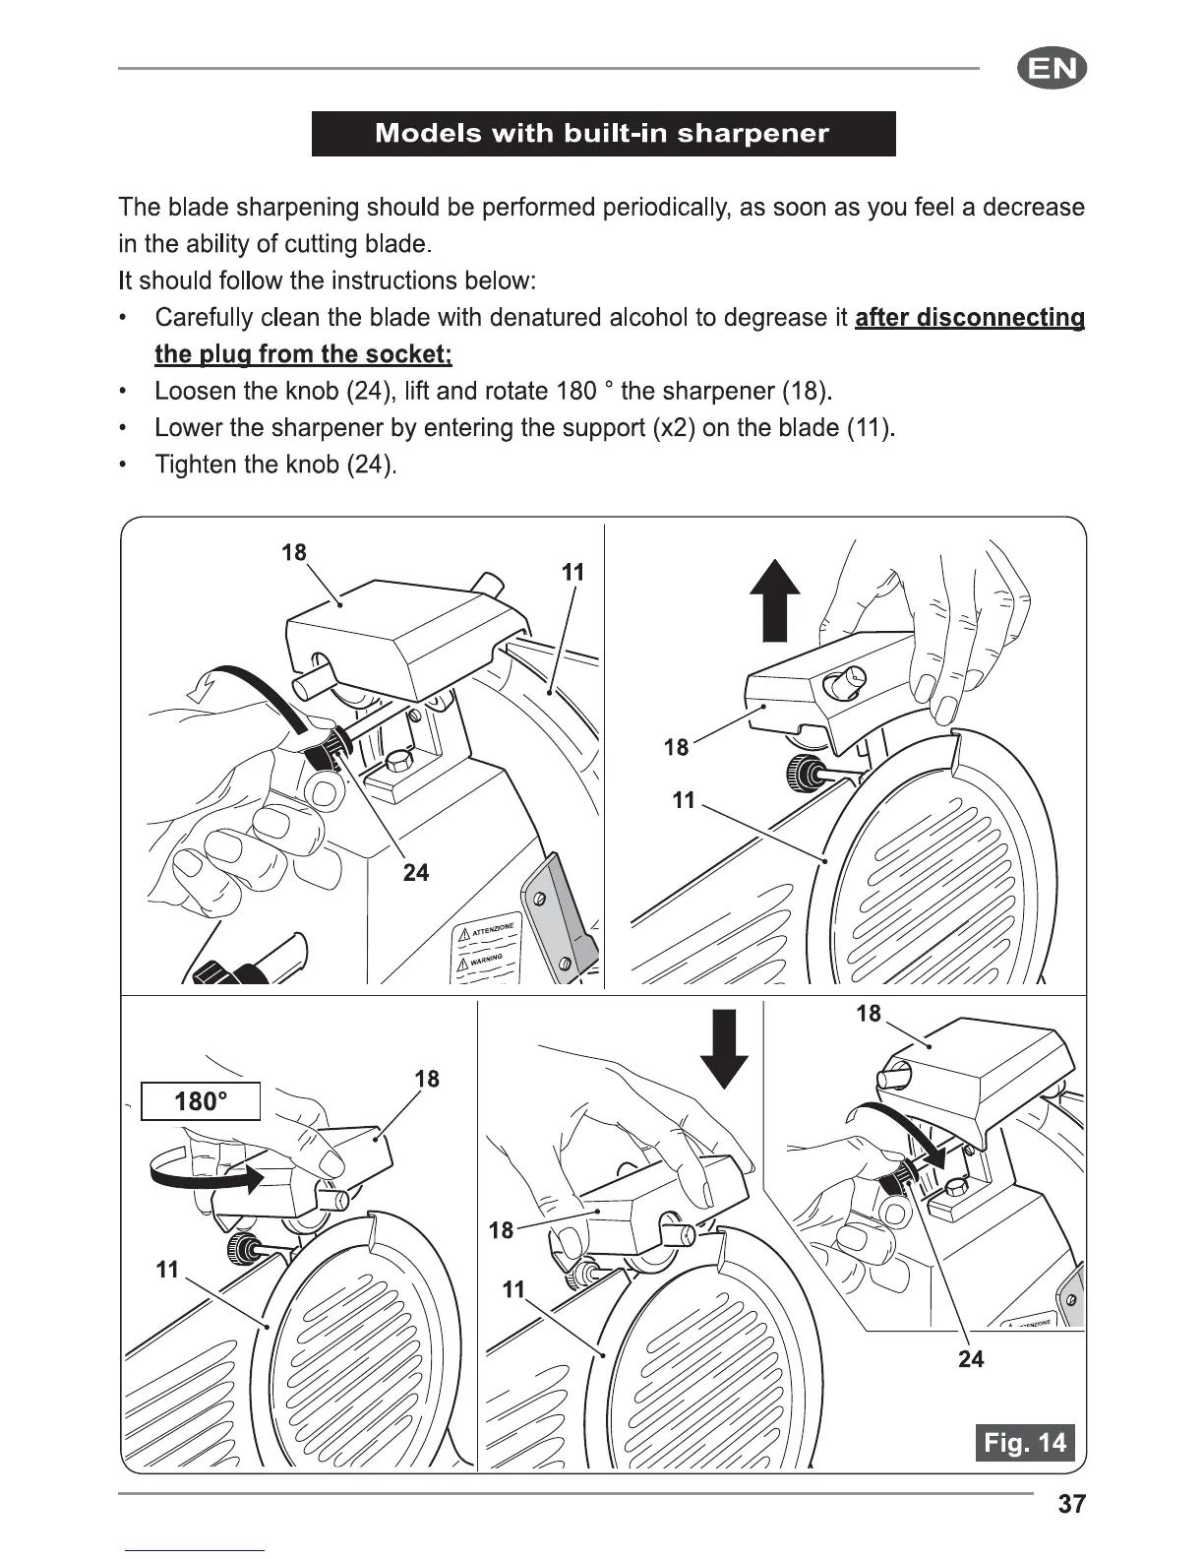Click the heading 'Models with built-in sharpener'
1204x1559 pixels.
click(603, 134)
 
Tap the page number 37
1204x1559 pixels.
click(1071, 1504)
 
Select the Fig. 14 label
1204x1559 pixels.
click(1025, 1443)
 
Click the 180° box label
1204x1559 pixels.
click(201, 1100)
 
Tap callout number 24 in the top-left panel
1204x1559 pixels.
click(416, 872)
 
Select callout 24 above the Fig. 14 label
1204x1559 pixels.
click(970, 1359)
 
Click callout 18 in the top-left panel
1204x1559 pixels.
click(294, 552)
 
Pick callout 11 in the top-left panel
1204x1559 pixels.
click(572, 572)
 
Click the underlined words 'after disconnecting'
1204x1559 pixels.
click(970, 318)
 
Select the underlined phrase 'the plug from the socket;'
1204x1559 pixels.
click(303, 354)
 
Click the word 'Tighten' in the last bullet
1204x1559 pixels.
click(192, 465)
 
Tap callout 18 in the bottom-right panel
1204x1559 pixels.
click(869, 1014)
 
